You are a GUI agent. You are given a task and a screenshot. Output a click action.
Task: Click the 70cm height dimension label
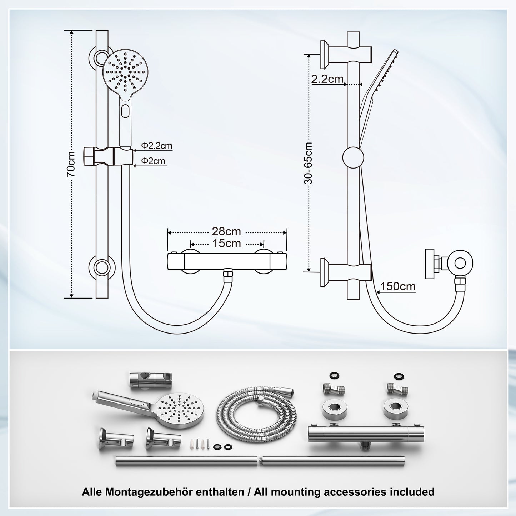[71, 164]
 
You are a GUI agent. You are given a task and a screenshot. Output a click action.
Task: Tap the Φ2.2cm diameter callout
[156, 146]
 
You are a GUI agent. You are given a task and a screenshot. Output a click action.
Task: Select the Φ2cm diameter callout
[153, 161]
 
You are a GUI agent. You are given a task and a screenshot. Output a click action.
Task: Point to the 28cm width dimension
[226, 231]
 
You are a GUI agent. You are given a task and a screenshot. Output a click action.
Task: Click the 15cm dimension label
[226, 244]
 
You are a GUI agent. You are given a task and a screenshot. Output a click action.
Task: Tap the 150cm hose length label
[397, 286]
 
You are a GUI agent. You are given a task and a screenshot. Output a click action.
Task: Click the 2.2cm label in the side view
[327, 79]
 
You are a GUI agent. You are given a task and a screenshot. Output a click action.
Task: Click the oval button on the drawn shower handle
[125, 111]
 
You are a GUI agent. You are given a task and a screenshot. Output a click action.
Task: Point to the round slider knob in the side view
[353, 157]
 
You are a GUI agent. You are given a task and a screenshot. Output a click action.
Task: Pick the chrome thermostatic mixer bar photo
[366, 434]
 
